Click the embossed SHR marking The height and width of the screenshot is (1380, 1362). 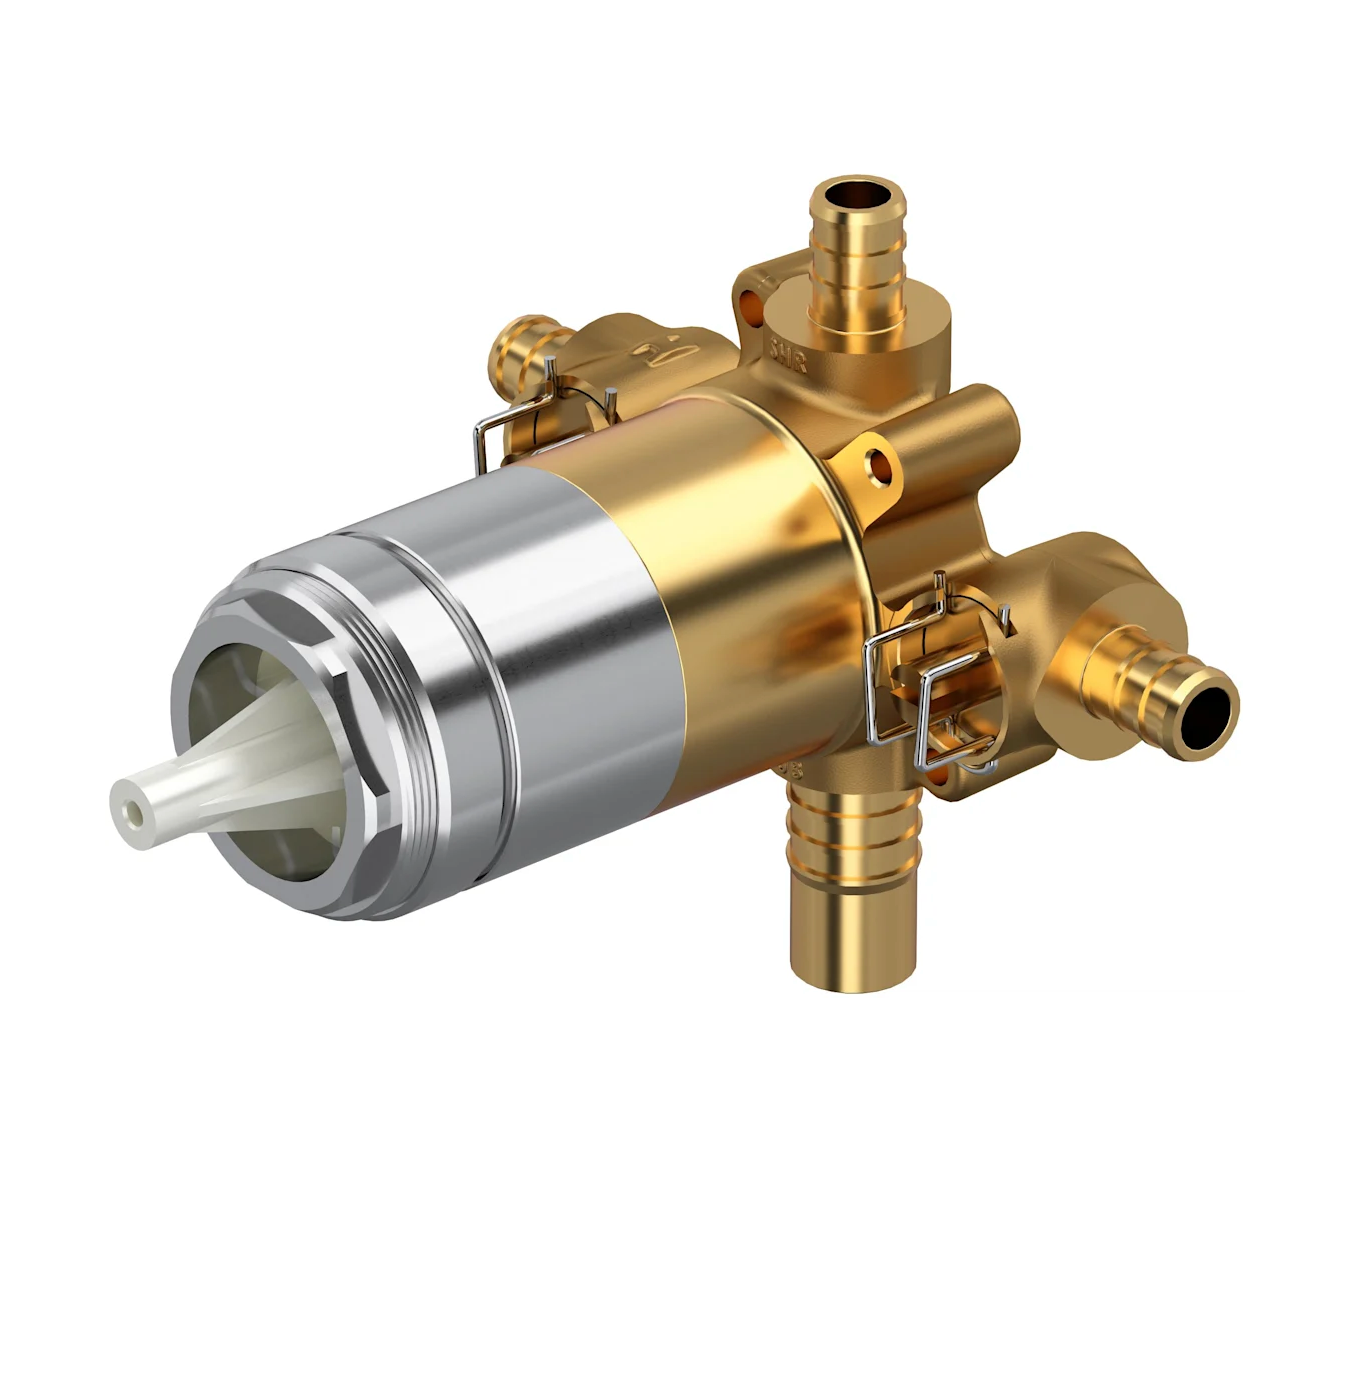(x=787, y=354)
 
